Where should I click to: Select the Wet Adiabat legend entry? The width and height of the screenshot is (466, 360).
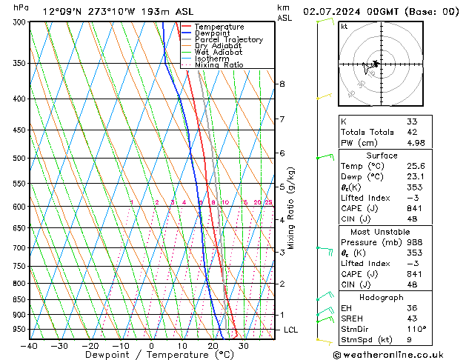pos(219,52)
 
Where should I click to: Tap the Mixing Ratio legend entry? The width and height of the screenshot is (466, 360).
pos(219,64)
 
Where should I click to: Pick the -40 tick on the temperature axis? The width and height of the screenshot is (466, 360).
pos(30,347)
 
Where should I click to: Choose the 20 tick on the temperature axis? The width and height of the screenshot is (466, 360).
pos(213,347)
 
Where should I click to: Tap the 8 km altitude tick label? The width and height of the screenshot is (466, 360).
pos(282,84)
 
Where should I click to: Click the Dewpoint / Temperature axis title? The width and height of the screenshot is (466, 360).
pos(152,356)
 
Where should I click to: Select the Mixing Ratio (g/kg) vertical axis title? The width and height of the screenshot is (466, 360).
pos(291,208)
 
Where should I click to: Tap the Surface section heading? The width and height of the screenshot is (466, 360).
pos(382,156)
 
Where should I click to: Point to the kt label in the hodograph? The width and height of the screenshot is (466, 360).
pos(344,26)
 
